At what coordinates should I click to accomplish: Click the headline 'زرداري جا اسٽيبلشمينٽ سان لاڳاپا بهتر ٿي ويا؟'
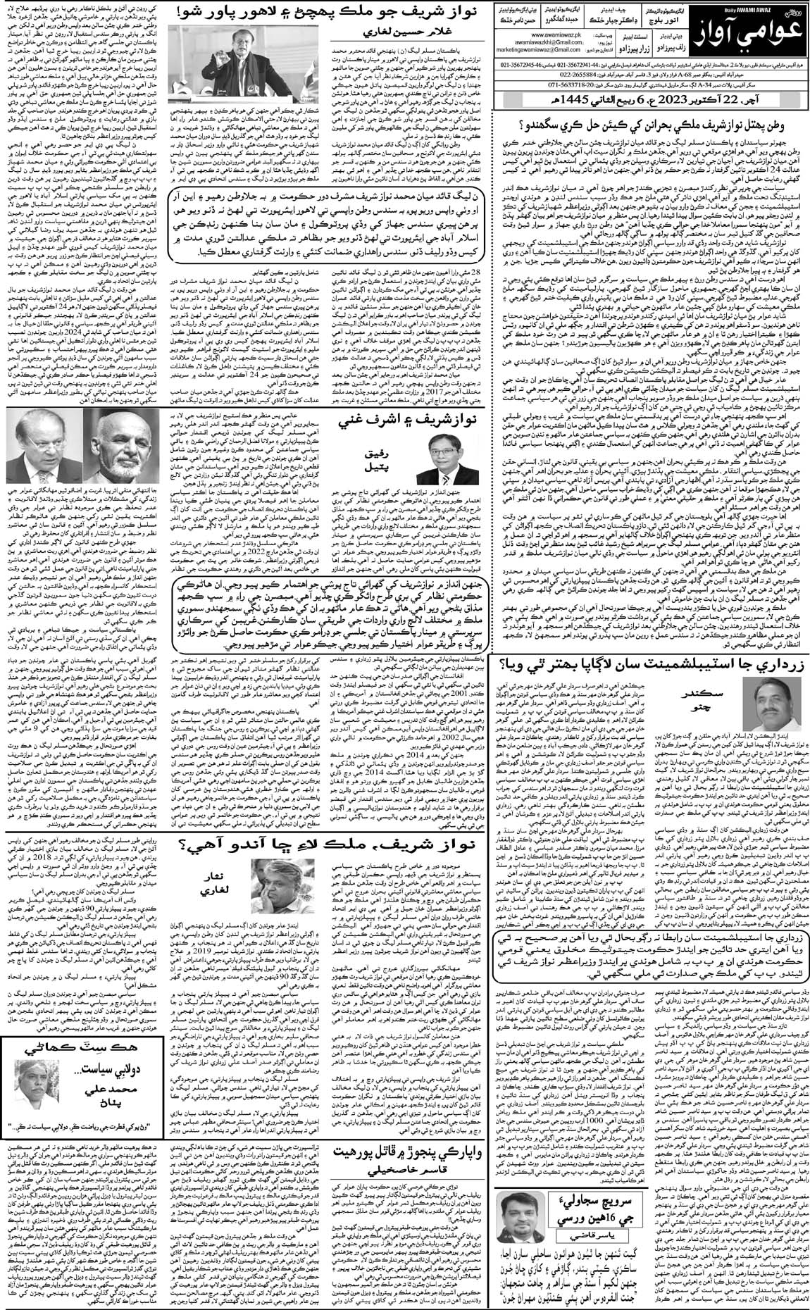tap(652, 681)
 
